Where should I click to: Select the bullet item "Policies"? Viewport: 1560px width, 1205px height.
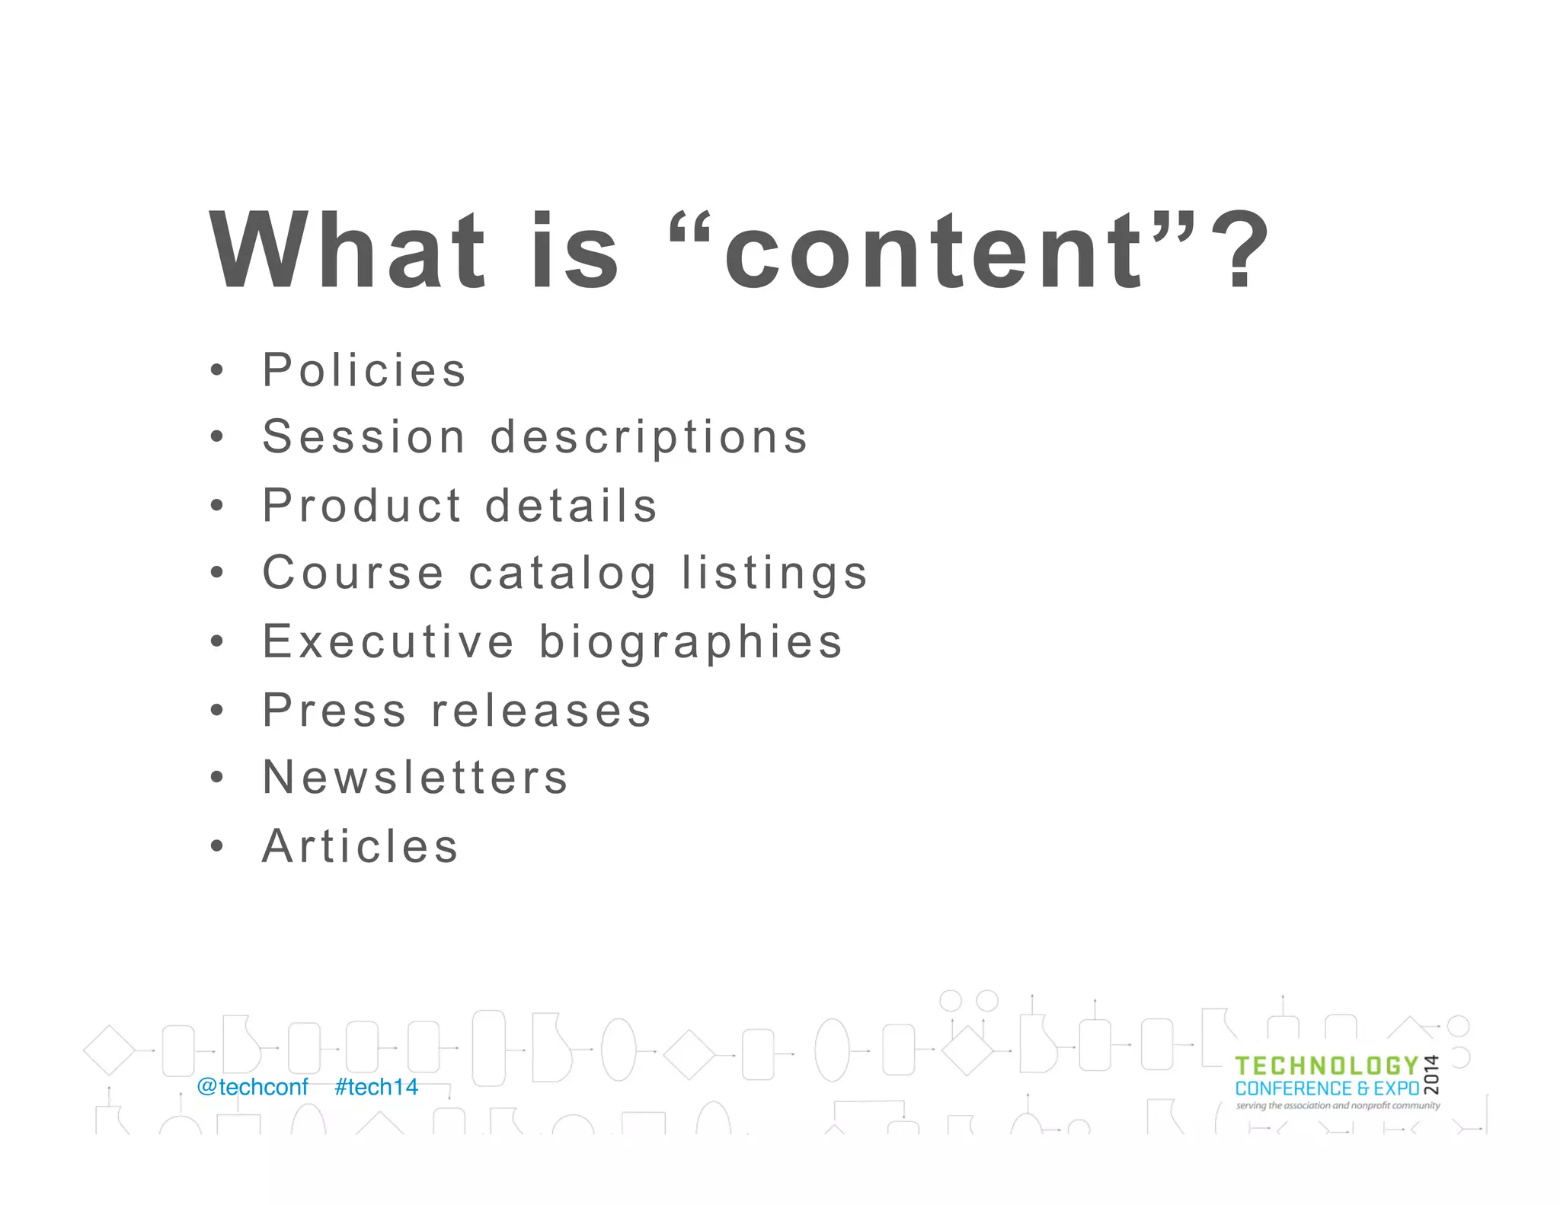363,370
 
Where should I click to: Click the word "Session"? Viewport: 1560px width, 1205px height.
363,437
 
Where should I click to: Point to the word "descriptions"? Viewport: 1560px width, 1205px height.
649,439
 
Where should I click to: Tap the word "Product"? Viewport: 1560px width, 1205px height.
362,505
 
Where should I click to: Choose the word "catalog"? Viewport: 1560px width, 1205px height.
562,574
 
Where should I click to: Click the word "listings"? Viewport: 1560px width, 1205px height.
775,574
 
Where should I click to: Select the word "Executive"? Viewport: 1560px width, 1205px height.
388,641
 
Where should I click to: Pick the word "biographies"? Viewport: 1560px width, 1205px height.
691,643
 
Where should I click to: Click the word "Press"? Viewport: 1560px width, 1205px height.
334,710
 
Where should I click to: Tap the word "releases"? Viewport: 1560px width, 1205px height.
541,710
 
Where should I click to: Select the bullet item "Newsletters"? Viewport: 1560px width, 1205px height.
415,777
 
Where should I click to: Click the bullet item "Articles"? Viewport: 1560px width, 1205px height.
360,845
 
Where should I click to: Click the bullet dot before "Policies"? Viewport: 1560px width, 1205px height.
217,371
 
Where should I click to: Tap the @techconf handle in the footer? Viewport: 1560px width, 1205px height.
252,1087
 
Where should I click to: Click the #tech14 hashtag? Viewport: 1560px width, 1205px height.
376,1087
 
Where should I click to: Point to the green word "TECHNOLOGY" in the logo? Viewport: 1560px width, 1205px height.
1326,1066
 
